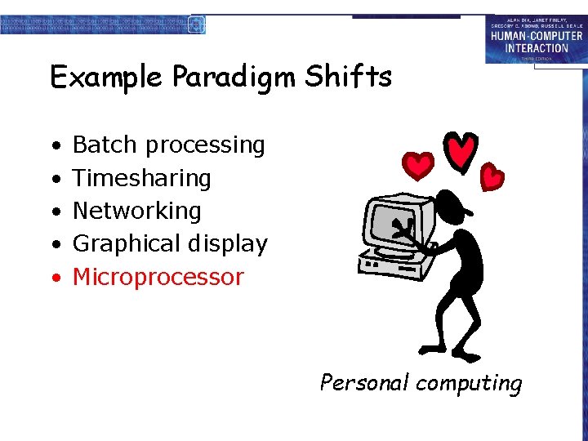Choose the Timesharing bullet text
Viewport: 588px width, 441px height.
[142, 178]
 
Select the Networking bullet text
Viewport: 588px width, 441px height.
[137, 211]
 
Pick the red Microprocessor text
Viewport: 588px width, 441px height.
[158, 277]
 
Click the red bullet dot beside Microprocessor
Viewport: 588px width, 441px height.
[55, 278]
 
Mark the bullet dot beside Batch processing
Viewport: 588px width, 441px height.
[55, 145]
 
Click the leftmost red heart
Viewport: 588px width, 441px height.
[420, 167]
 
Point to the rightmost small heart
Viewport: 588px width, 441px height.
[492, 176]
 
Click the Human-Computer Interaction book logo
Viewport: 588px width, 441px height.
[537, 39]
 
